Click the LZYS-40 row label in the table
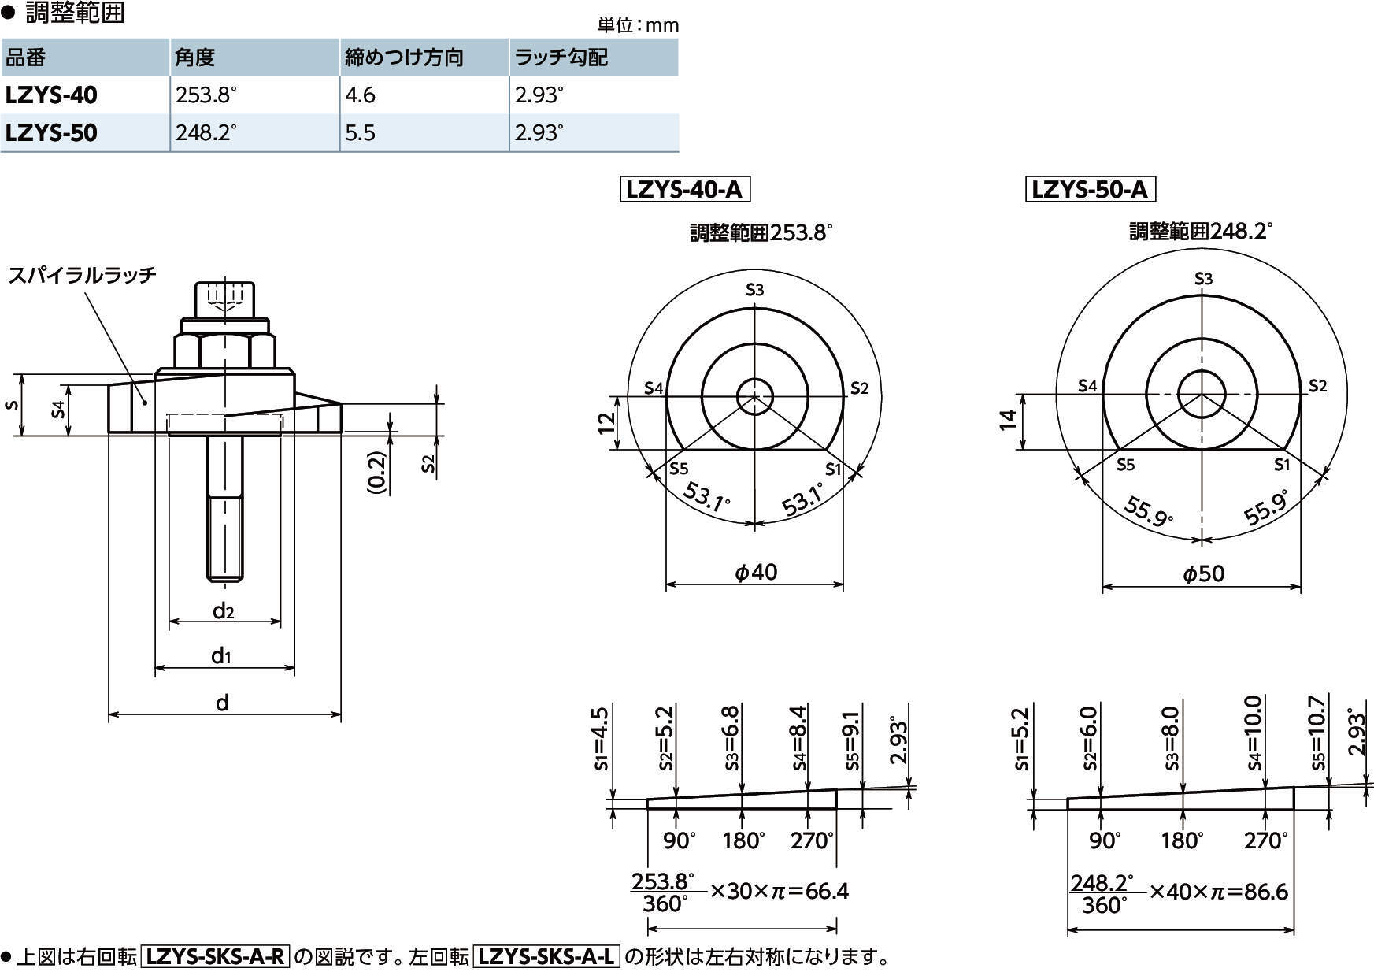pyautogui.click(x=51, y=95)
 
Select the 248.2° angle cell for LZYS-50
pyautogui.click(x=206, y=132)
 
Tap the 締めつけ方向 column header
pyautogui.click(x=404, y=58)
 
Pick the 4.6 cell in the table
pyautogui.click(x=360, y=95)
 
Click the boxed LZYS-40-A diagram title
pyautogui.click(x=684, y=190)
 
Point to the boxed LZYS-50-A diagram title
pyautogui.click(x=1090, y=190)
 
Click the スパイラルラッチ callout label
pyautogui.click(x=82, y=275)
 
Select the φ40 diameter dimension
pyautogui.click(x=756, y=572)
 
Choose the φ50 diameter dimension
pyautogui.click(x=1204, y=573)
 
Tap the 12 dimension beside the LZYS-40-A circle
pyautogui.click(x=606, y=423)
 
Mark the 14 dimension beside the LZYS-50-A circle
pyautogui.click(x=1009, y=420)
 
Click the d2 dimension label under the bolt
pyautogui.click(x=224, y=610)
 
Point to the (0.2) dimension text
pyautogui.click(x=378, y=472)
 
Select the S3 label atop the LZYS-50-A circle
pyautogui.click(x=1203, y=279)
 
